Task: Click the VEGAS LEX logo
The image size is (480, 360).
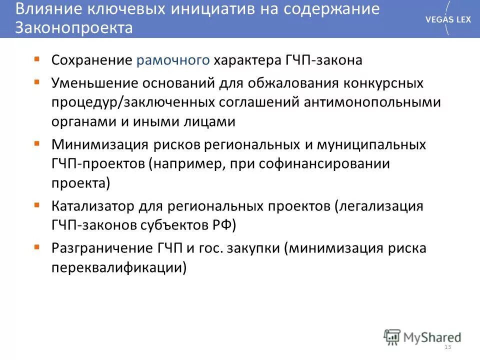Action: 447,18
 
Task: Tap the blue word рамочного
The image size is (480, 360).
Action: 172,60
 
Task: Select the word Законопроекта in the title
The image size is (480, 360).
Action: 74,28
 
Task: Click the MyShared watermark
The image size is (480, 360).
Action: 422,336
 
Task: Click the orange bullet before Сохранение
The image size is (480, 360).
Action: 37,59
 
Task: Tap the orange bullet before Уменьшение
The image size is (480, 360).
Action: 37,80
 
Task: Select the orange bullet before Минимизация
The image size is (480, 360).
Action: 37,143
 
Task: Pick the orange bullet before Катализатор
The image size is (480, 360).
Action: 37,204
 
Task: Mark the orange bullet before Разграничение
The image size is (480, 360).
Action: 37,246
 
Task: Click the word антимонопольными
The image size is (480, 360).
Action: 371,102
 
